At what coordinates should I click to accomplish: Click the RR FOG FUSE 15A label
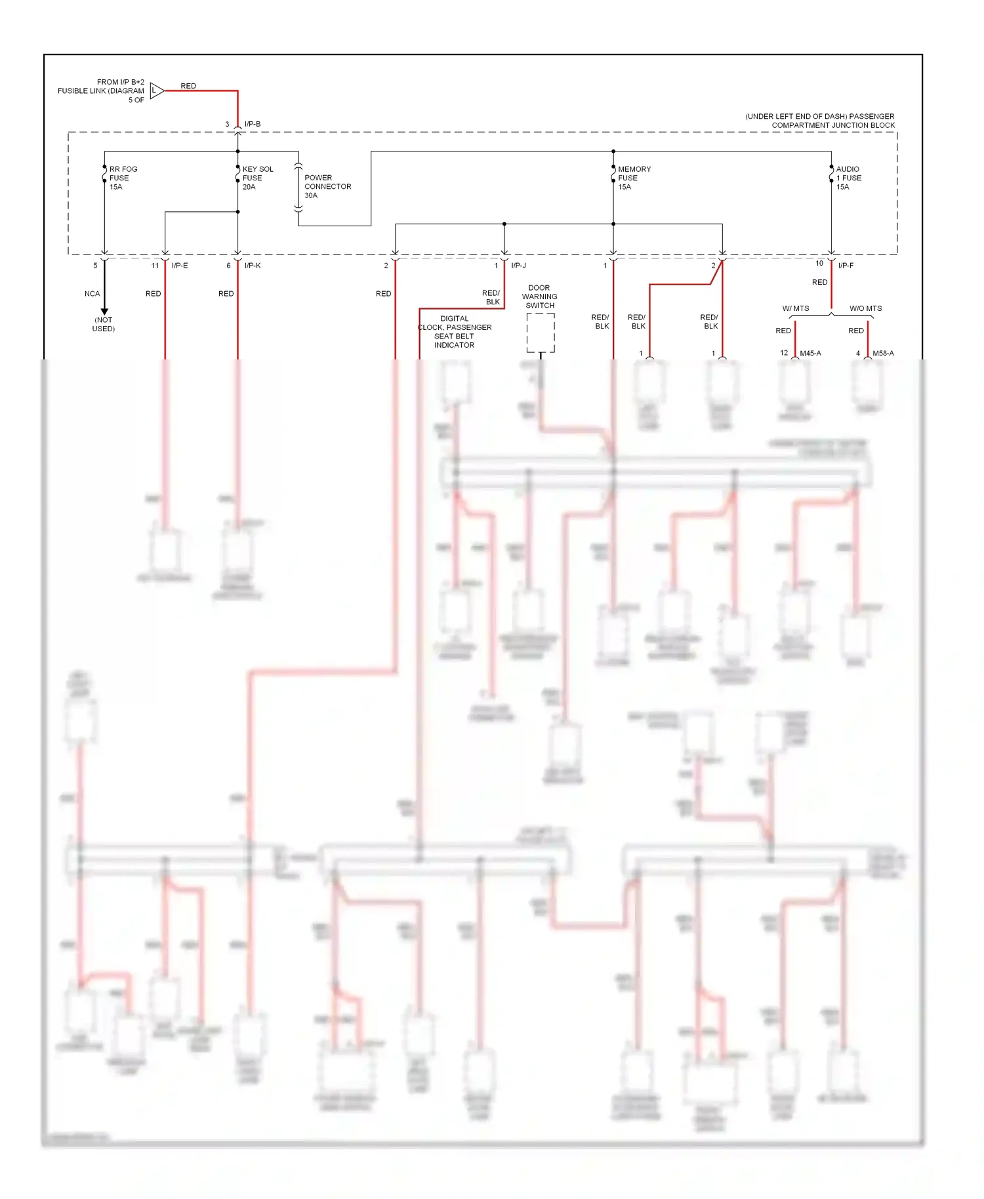(123, 178)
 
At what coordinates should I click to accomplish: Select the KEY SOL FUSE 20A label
(257, 178)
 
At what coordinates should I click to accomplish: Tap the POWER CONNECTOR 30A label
(327, 186)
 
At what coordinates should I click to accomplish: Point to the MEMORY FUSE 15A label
(634, 178)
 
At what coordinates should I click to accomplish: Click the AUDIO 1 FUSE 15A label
(848, 178)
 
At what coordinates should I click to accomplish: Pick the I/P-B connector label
(253, 124)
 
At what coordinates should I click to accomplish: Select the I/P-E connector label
(180, 266)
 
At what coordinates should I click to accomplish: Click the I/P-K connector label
(253, 266)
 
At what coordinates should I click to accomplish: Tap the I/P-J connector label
(518, 266)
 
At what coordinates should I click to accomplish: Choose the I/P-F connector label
(846, 266)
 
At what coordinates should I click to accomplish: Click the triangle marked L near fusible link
(156, 91)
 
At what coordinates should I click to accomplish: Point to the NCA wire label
(92, 294)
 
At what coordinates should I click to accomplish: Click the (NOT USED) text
(104, 324)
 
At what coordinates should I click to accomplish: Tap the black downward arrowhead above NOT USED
(104, 312)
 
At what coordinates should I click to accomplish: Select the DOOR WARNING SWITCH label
(539, 296)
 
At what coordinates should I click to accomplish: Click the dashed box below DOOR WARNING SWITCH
(541, 333)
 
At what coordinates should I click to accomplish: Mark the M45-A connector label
(810, 353)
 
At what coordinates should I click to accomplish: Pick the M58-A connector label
(883, 353)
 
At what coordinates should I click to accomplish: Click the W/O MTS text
(865, 308)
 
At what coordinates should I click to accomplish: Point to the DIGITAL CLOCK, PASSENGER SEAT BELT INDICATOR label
(455, 332)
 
